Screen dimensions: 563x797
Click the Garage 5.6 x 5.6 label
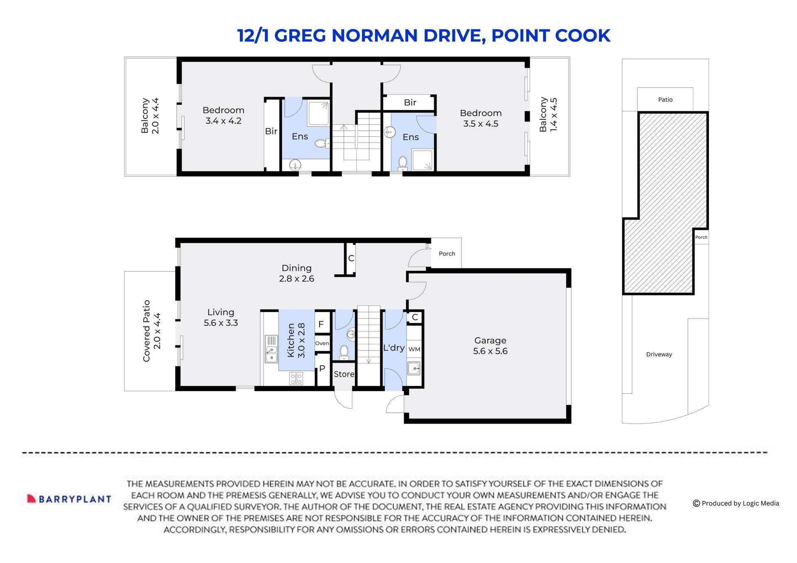pyautogui.click(x=490, y=346)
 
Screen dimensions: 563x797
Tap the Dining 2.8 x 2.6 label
pyautogui.click(x=296, y=273)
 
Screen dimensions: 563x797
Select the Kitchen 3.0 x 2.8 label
pyautogui.click(x=296, y=340)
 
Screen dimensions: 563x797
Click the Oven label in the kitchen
pyautogui.click(x=322, y=343)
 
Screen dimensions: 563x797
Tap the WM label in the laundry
pyautogui.click(x=414, y=349)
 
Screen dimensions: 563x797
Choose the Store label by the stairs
pyautogui.click(x=344, y=374)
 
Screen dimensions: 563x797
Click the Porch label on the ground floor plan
pyautogui.click(x=447, y=253)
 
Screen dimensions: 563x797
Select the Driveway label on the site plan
pyautogui.click(x=659, y=354)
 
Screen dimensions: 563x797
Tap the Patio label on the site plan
pyautogui.click(x=665, y=100)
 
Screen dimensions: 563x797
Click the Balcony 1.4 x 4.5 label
pyautogui.click(x=548, y=115)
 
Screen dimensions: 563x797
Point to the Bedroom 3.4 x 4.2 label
pyautogui.click(x=223, y=115)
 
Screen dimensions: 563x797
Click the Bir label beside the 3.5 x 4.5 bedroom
pyautogui.click(x=410, y=102)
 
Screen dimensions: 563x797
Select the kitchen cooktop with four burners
pyautogui.click(x=296, y=378)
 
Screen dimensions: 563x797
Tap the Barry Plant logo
pyautogui.click(x=69, y=499)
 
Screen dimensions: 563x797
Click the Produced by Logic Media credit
pyautogui.click(x=736, y=503)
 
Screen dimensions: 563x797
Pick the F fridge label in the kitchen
pyautogui.click(x=321, y=324)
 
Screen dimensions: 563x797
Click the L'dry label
pyautogui.click(x=394, y=348)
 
